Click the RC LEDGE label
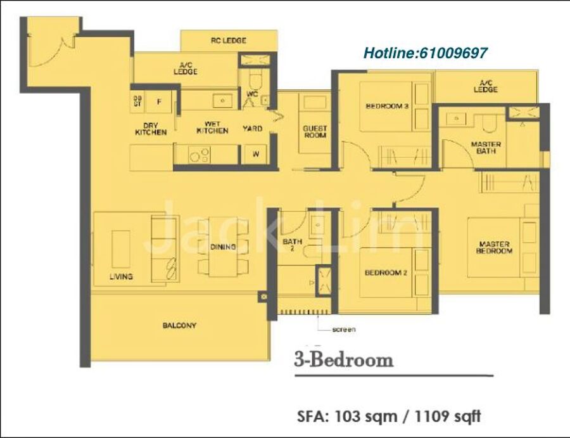coord(229,41)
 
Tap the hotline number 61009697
coord(453,53)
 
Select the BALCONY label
coord(180,325)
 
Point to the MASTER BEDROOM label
coord(494,247)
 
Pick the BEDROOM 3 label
coord(387,106)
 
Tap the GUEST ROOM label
coord(315,132)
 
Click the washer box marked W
coord(256,154)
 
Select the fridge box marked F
coord(158,101)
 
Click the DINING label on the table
coord(223,247)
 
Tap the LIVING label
coord(121,276)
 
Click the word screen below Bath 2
coord(344,330)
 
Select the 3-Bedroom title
coord(344,359)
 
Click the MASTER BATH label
coord(486,147)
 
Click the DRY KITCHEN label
coord(151,129)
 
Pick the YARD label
coord(252,129)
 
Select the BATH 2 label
coord(292,245)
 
